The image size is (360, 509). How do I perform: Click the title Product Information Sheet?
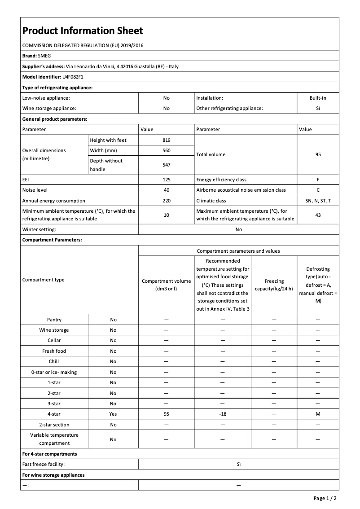coord(83,31)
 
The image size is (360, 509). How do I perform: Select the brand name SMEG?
coord(45,56)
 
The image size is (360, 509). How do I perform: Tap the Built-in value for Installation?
coord(318,97)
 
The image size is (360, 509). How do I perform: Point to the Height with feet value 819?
coord(166,140)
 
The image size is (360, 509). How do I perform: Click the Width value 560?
coord(166,150)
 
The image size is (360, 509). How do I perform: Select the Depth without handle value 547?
coord(166,165)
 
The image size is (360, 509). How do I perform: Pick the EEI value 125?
coord(166,180)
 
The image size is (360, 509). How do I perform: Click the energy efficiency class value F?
coord(318,180)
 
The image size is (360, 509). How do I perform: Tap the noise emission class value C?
coord(318,190)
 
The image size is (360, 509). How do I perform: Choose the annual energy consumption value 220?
coord(166,201)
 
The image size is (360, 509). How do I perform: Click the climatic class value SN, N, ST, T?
coord(318,201)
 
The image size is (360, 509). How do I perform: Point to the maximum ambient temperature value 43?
coord(318,215)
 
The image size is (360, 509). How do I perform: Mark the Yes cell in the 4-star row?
coord(113,414)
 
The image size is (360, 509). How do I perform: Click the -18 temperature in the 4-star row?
coord(223,414)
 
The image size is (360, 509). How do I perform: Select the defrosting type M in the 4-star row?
coord(318,414)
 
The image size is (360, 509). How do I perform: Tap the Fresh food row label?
coord(54,351)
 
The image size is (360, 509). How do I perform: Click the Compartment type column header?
coord(44,280)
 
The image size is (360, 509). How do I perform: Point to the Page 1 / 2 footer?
coord(325,498)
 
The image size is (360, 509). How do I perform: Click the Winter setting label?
coord(39,229)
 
